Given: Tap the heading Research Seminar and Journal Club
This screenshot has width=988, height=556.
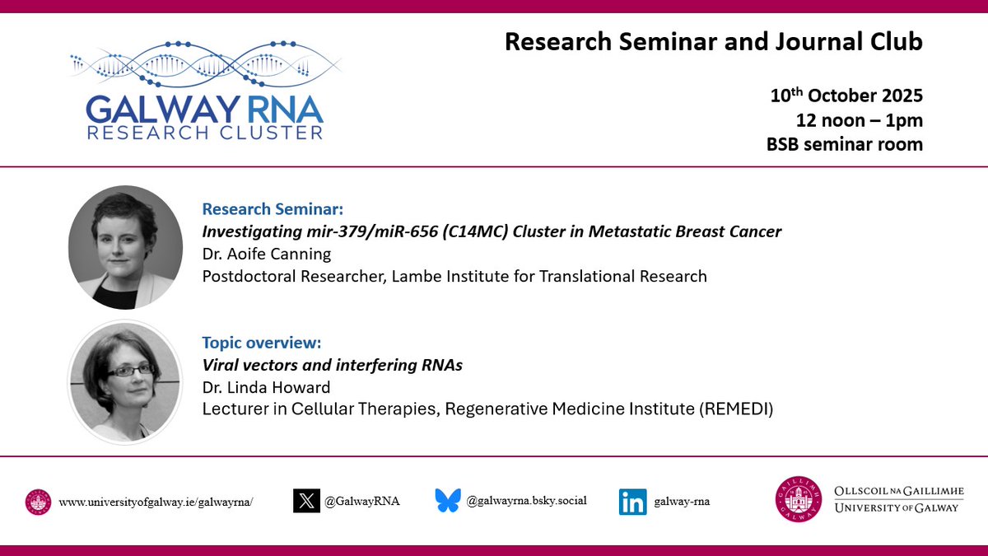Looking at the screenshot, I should [714, 41].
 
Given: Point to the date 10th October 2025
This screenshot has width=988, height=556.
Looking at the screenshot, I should [846, 96].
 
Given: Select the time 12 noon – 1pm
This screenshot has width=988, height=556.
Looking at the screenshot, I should [859, 120].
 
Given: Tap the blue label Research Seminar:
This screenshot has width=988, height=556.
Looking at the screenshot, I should [267, 209].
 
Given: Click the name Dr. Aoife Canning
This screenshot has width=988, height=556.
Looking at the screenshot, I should [266, 254].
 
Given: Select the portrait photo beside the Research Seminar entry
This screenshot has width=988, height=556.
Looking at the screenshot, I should [125, 247].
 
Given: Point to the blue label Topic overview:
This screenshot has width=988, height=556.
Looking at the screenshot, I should [261, 342].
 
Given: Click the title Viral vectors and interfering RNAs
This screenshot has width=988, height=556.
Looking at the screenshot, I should [332, 365].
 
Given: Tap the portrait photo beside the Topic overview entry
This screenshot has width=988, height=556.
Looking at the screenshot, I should [125, 381].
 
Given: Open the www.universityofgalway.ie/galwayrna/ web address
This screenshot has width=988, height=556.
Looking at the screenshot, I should [156, 502].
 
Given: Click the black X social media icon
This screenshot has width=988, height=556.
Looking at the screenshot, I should [306, 501].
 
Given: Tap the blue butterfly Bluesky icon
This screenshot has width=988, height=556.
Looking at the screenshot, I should [448, 501].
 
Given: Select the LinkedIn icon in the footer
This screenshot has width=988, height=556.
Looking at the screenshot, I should [632, 502].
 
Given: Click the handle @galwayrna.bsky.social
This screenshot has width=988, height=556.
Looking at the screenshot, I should [526, 500].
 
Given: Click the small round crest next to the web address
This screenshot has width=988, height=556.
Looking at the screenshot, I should [38, 502].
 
